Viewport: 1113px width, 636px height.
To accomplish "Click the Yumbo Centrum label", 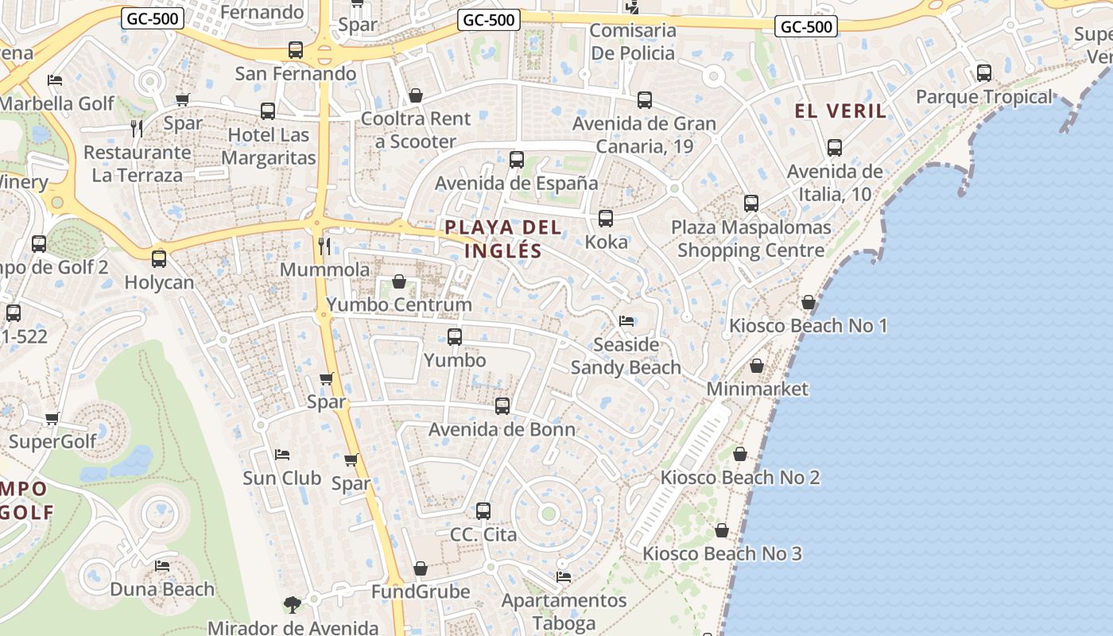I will point(399,304).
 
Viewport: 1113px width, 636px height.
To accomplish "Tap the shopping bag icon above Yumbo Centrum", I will point(399,282).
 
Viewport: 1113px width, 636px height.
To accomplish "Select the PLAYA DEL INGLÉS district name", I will point(503,239).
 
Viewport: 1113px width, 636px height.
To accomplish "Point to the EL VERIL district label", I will point(841,111).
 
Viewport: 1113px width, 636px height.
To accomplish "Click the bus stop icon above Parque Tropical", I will point(984,73).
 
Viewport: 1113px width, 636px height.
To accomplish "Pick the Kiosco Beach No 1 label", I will point(809,325).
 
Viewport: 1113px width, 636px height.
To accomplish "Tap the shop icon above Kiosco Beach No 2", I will point(740,454).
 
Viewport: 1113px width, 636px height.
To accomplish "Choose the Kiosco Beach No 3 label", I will point(722,553).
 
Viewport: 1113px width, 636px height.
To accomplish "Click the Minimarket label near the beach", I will point(757,389).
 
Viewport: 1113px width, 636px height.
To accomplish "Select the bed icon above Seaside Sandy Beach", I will point(626,321).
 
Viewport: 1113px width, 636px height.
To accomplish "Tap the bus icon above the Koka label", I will point(606,219).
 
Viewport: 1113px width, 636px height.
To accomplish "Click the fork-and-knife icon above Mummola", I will point(324,246).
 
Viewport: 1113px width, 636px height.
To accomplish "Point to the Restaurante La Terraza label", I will point(138,164).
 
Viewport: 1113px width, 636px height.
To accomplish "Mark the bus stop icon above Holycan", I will point(159,259).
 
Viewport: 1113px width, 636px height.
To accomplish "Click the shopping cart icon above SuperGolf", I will point(52,418).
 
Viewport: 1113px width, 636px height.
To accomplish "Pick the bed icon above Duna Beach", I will point(162,566).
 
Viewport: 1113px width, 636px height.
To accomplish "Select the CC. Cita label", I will point(483,534).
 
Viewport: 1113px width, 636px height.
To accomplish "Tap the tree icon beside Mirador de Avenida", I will point(293,605).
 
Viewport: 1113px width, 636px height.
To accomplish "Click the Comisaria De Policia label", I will point(633,42).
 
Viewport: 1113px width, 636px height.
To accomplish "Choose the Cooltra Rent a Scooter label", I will point(415,130).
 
